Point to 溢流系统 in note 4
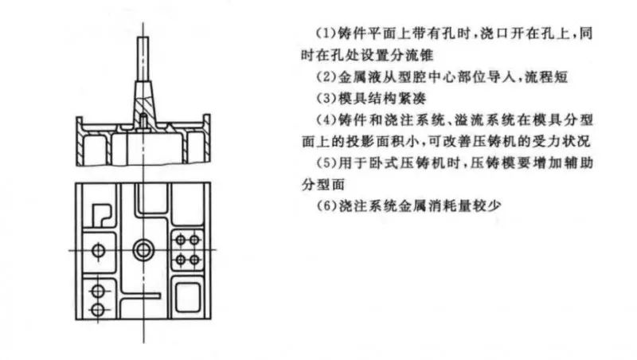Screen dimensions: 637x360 pos(483,119)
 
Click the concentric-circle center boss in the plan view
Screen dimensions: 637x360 pos(143,249)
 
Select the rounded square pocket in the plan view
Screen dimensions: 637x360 pos(188,297)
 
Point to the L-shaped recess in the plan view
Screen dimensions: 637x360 pos(101,214)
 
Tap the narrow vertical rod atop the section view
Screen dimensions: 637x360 pos(143,59)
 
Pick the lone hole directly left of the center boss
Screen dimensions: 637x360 pos(98,250)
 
